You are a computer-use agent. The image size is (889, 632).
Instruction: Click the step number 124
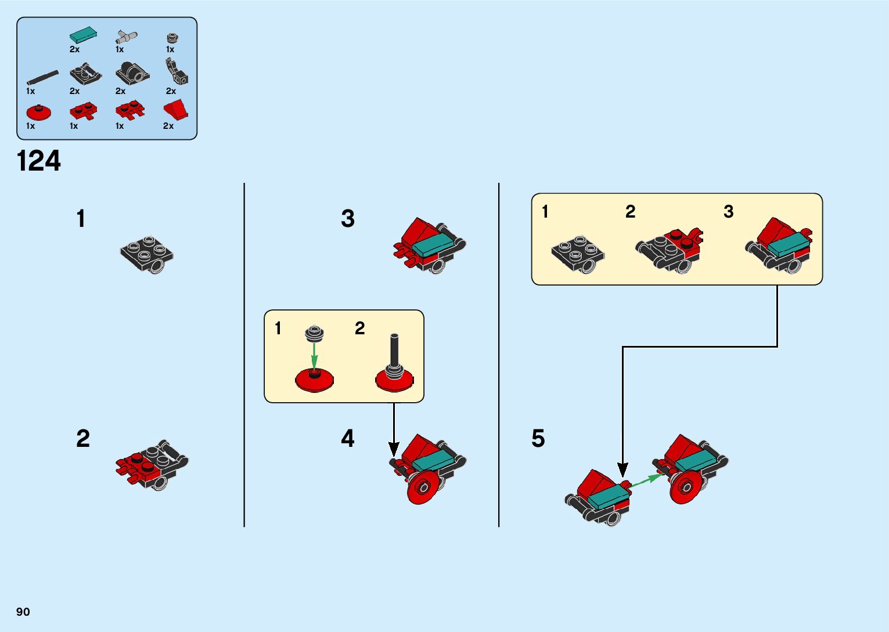click(x=39, y=161)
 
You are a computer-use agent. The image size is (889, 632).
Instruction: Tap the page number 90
click(x=23, y=612)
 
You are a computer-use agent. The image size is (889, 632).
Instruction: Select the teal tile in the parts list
click(x=83, y=35)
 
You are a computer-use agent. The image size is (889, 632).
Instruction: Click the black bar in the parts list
click(x=42, y=77)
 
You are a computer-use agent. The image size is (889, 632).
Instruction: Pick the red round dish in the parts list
click(x=39, y=112)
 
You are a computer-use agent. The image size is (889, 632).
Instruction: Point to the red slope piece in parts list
click(x=176, y=109)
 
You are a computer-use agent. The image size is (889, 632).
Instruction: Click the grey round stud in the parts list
click(x=172, y=38)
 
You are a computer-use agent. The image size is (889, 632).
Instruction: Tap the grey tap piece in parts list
click(x=125, y=37)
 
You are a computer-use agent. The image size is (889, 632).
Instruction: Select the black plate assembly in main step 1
click(x=147, y=254)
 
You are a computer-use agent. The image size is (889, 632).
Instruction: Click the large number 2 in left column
click(x=83, y=439)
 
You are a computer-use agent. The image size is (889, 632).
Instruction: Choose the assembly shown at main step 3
click(x=430, y=245)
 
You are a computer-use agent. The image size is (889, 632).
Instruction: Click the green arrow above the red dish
click(x=314, y=355)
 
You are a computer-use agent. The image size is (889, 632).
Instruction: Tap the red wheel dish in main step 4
click(x=424, y=486)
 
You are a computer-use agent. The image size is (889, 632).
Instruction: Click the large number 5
click(x=538, y=439)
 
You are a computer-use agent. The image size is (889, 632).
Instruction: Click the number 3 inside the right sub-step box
click(x=728, y=212)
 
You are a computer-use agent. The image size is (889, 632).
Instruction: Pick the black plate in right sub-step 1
click(x=578, y=253)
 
